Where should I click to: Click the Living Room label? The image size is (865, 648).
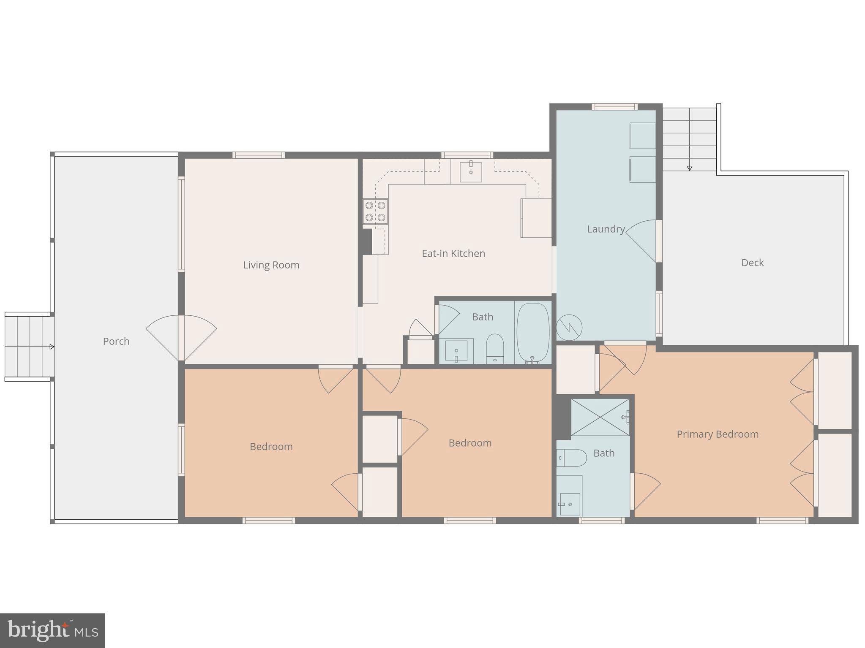[x=271, y=265]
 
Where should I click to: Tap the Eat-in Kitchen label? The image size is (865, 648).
[x=453, y=253]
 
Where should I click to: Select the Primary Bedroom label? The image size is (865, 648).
[x=717, y=434]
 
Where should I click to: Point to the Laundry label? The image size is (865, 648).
[x=606, y=229]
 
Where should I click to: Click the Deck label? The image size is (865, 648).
[x=752, y=263]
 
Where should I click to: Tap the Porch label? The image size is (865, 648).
[x=116, y=341]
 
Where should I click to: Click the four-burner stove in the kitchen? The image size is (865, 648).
[x=375, y=211]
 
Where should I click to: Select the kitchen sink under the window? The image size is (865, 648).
[x=471, y=171]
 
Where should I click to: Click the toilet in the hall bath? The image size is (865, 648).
[x=495, y=348]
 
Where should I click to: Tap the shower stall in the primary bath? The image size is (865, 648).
[x=600, y=417]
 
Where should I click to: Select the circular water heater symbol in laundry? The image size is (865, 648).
[x=569, y=327]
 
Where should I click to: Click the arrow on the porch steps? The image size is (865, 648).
[x=51, y=347]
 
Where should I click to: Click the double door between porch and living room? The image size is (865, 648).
[x=181, y=338]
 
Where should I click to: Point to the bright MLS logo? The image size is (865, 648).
[x=52, y=630]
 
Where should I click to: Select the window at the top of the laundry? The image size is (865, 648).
[x=614, y=107]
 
